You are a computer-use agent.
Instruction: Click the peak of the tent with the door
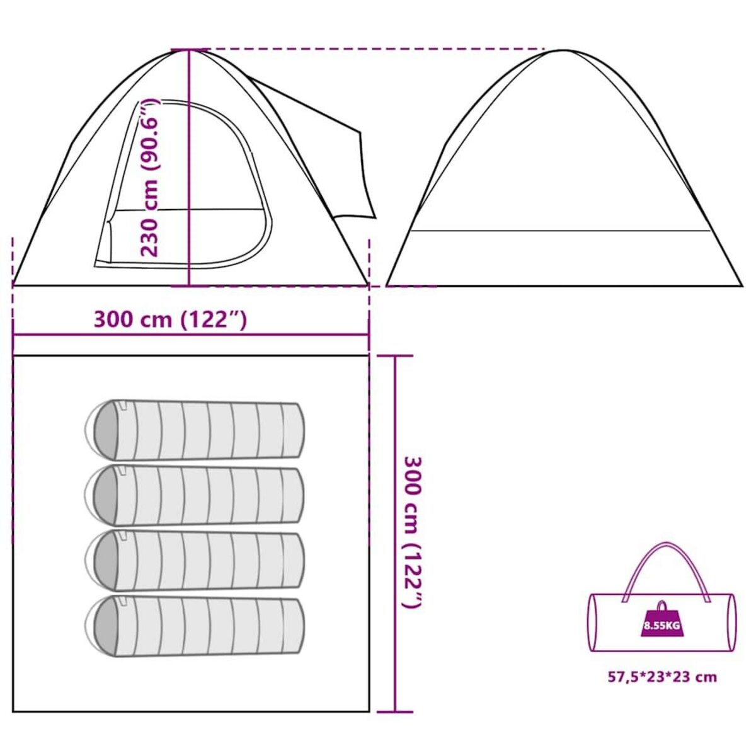click(x=190, y=50)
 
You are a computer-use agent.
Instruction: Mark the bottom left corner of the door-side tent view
click(x=13, y=285)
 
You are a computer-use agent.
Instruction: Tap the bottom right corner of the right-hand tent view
click(x=742, y=285)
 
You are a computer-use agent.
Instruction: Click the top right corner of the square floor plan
click(x=369, y=355)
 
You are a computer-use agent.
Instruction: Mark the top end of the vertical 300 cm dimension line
click(x=395, y=355)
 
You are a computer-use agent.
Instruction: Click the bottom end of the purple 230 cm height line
click(x=189, y=285)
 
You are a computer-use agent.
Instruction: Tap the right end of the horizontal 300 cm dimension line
click(x=369, y=335)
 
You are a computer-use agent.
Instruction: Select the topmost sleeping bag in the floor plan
click(x=195, y=430)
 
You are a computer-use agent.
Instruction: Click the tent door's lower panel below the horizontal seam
click(x=185, y=237)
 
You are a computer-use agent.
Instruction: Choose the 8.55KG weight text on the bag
click(x=663, y=637)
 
